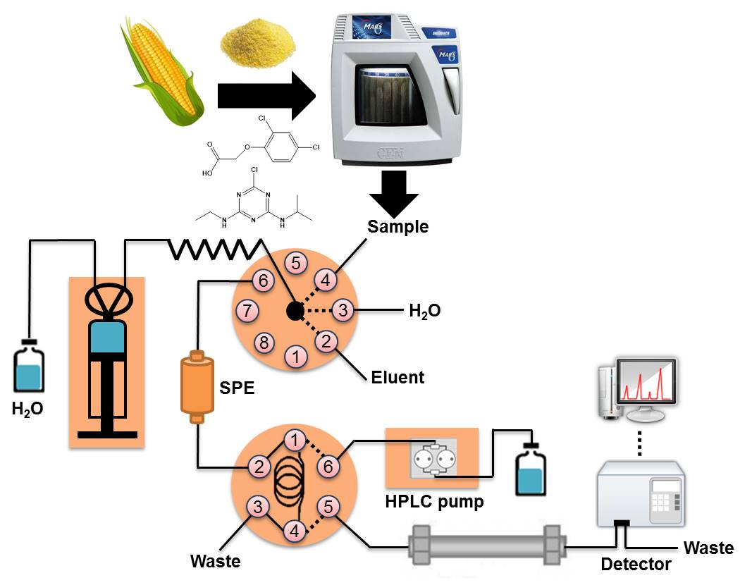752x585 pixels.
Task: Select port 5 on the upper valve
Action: pyautogui.click(x=296, y=264)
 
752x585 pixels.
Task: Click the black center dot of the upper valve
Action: pyautogui.click(x=295, y=310)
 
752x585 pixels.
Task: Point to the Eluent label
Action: pyautogui.click(x=397, y=377)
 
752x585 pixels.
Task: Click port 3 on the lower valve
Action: pyautogui.click(x=259, y=506)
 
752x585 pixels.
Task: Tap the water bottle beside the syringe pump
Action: pyautogui.click(x=29, y=368)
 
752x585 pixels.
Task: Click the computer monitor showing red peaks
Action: pyautogui.click(x=645, y=388)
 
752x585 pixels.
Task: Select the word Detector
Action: pyautogui.click(x=635, y=564)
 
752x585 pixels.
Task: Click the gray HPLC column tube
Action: pyautogui.click(x=486, y=546)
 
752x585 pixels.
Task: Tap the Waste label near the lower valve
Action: pyautogui.click(x=215, y=562)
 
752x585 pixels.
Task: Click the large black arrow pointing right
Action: pyautogui.click(x=266, y=94)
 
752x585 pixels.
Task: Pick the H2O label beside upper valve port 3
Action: pyautogui.click(x=425, y=310)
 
